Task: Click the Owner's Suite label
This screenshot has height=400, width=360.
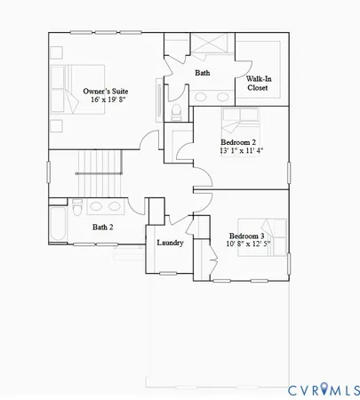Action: point(105,91)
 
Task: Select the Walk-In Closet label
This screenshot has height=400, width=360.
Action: point(258,84)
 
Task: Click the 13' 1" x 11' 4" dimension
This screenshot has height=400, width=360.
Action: point(241,151)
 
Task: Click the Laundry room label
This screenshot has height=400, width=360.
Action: point(170,243)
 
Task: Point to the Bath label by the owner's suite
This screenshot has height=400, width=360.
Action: point(203,73)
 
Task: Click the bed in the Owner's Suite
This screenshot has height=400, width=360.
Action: point(78,89)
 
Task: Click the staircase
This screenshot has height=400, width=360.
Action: point(98,163)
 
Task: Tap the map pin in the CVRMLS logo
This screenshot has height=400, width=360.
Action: point(324,388)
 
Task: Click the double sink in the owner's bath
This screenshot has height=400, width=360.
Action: point(212,97)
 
